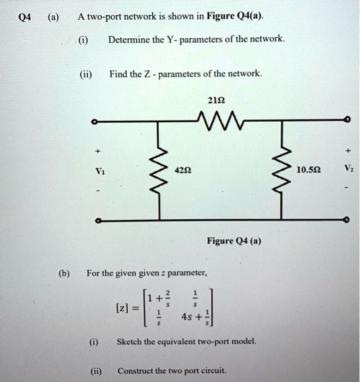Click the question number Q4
[25, 16]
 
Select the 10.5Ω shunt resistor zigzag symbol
[282, 170]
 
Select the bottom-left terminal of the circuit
[96, 220]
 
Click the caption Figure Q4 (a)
[234, 241]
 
